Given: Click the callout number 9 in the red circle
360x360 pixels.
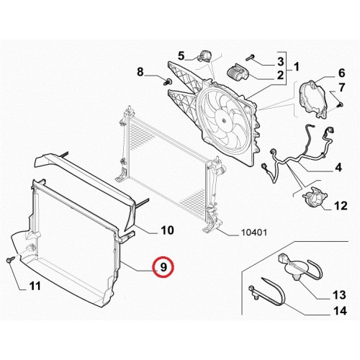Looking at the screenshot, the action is tap(163, 267).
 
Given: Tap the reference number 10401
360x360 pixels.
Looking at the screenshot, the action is tap(253, 232).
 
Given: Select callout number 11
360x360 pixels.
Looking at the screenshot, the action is tap(35, 286).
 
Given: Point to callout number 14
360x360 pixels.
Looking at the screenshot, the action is tap(341, 311).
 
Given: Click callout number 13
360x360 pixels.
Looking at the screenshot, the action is tap(339, 294).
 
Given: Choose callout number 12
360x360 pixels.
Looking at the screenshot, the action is tap(341, 206).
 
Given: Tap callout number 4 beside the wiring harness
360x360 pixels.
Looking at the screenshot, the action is tap(338, 167).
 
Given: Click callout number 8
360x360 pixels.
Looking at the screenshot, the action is tap(140, 71).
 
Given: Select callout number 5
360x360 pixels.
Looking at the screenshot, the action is tap(181, 56).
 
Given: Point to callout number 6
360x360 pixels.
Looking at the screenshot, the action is tap(341, 73).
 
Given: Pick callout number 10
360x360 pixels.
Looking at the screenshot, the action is tap(167, 230).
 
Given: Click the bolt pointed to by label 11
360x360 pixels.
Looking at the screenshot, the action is tap(10, 259).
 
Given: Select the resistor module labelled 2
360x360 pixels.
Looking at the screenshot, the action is tap(238, 72).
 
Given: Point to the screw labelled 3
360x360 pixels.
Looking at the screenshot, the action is tap(250, 58).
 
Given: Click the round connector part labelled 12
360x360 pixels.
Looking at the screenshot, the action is tap(314, 197).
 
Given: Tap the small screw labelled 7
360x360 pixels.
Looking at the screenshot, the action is tap(341, 104).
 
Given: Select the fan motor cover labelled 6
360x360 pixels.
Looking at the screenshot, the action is tap(313, 99).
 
